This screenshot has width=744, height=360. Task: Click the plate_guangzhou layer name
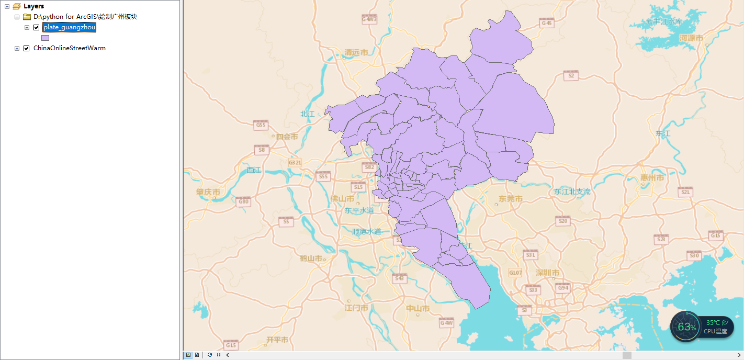coord(69,27)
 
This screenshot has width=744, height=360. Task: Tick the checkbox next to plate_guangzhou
coord(36,27)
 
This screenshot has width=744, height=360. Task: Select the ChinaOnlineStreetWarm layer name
coord(70,48)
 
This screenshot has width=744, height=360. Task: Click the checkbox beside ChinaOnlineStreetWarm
coord(27,48)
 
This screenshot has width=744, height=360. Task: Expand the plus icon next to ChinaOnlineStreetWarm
coord(17,48)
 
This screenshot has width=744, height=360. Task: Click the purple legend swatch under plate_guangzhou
coord(45,38)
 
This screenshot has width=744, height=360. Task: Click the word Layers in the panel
coord(33,6)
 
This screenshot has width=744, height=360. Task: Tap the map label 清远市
coord(356,52)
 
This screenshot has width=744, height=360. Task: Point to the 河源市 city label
coord(691,38)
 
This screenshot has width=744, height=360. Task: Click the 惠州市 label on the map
coord(652,178)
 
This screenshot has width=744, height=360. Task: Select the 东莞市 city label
coord(510,199)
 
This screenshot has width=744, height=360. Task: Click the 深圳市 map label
coord(547,273)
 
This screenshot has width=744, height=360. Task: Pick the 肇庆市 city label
coord(208,192)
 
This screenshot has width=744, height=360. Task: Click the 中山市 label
coord(418,308)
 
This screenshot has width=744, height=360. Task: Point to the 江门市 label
coord(356,308)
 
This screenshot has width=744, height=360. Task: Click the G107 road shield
coord(515,273)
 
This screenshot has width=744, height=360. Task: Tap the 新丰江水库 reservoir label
coord(664,22)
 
